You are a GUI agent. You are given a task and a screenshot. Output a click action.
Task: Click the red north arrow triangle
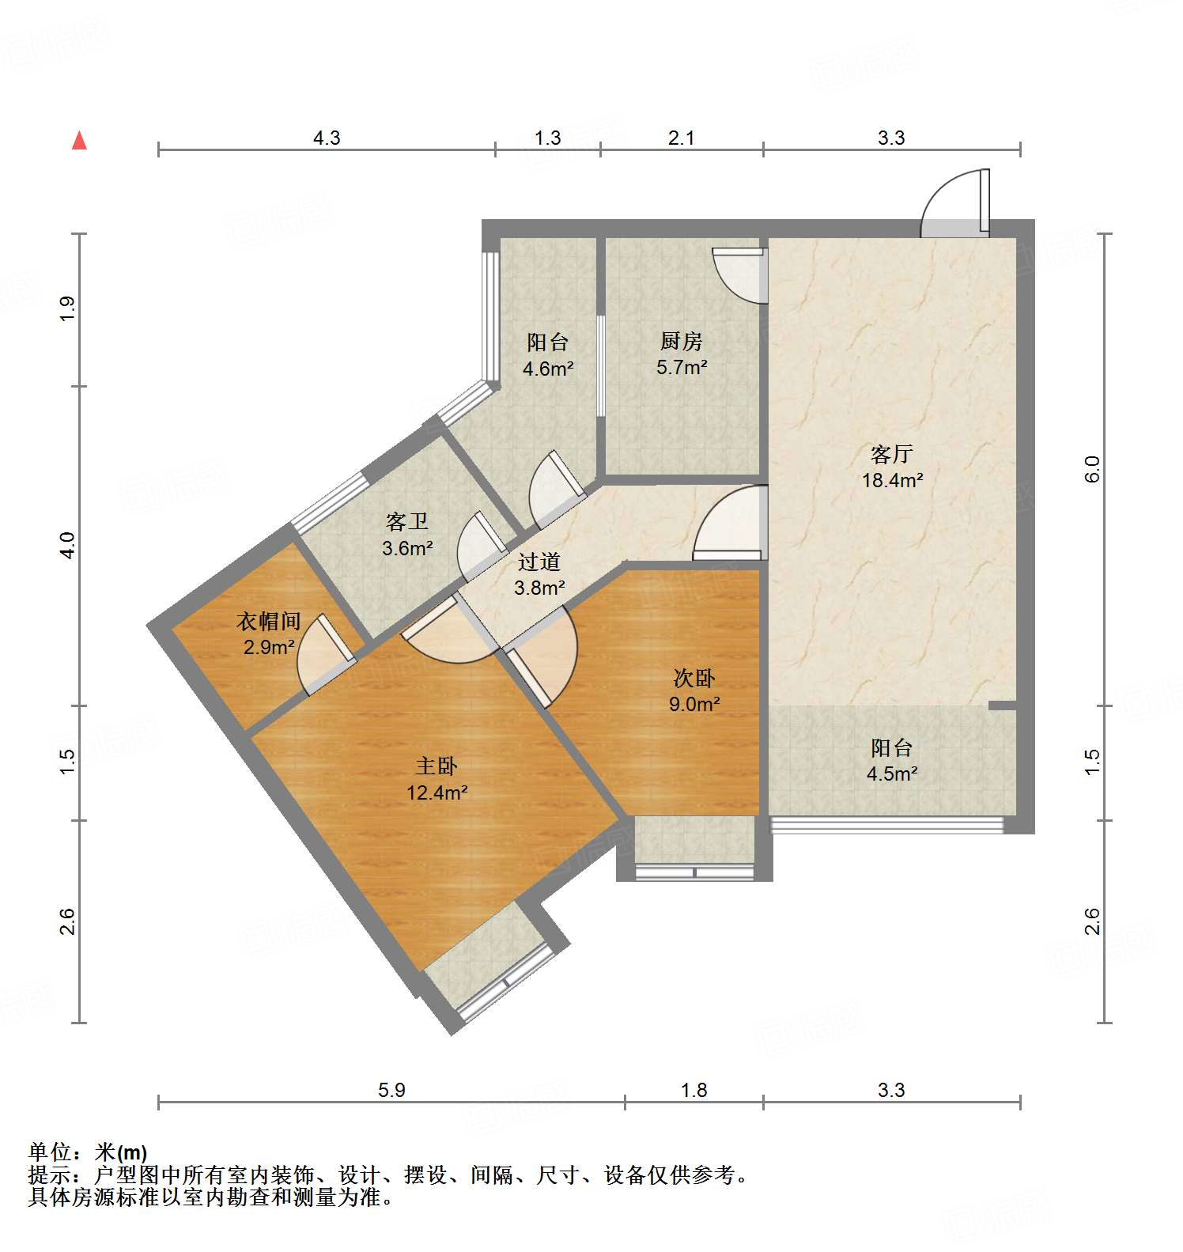pyautogui.click(x=79, y=141)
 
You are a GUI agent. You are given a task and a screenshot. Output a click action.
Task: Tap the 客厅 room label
pyautogui.click(x=891, y=454)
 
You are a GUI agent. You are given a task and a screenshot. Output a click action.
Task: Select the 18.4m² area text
pyautogui.click(x=892, y=480)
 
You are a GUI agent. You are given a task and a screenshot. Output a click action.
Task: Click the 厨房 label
pyautogui.click(x=681, y=342)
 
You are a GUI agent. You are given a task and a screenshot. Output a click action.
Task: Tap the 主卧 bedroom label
pyautogui.click(x=437, y=766)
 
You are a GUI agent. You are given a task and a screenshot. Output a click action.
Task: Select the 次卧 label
pyautogui.click(x=694, y=678)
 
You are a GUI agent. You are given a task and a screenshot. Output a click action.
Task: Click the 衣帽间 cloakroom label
pyautogui.click(x=268, y=622)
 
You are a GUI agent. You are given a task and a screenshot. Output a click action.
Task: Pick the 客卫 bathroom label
pyautogui.click(x=406, y=522)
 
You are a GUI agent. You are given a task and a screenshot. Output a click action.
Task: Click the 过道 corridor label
pyautogui.click(x=539, y=562)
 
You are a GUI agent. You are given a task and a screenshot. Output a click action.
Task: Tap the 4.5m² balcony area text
pyautogui.click(x=891, y=774)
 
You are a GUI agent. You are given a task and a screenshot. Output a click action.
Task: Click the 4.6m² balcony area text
pyautogui.click(x=547, y=368)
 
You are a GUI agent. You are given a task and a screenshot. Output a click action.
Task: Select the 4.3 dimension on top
pyautogui.click(x=326, y=138)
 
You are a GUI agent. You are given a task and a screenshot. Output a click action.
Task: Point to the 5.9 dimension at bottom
pyautogui.click(x=391, y=1090)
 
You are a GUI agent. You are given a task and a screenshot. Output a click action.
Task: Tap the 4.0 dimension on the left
pyautogui.click(x=68, y=546)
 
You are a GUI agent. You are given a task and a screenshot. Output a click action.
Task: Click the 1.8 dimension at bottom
pyautogui.click(x=694, y=1090)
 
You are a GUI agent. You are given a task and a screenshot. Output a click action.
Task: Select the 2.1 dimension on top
pyautogui.click(x=681, y=138)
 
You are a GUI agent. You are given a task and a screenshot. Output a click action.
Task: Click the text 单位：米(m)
pyautogui.click(x=87, y=1152)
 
